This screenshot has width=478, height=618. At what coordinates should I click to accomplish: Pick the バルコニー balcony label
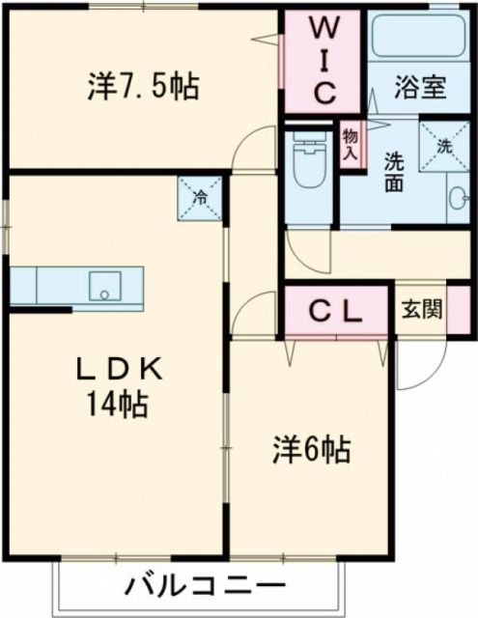205,585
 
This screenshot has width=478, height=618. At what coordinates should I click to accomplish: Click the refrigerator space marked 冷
201,198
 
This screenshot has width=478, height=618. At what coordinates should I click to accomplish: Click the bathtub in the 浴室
417,38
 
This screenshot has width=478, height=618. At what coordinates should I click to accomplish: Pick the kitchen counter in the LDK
76,287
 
